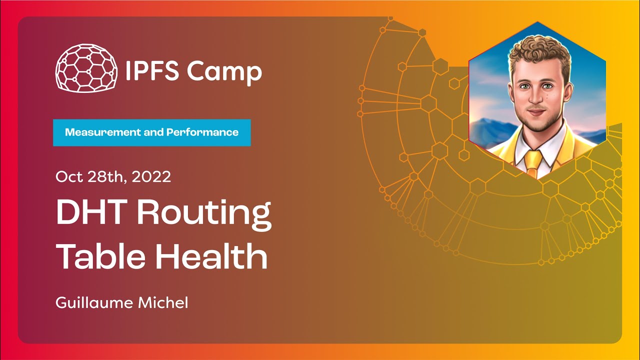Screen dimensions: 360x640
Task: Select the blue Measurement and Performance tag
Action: pos(151,132)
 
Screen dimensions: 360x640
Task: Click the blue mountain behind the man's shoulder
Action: pos(490,131)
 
